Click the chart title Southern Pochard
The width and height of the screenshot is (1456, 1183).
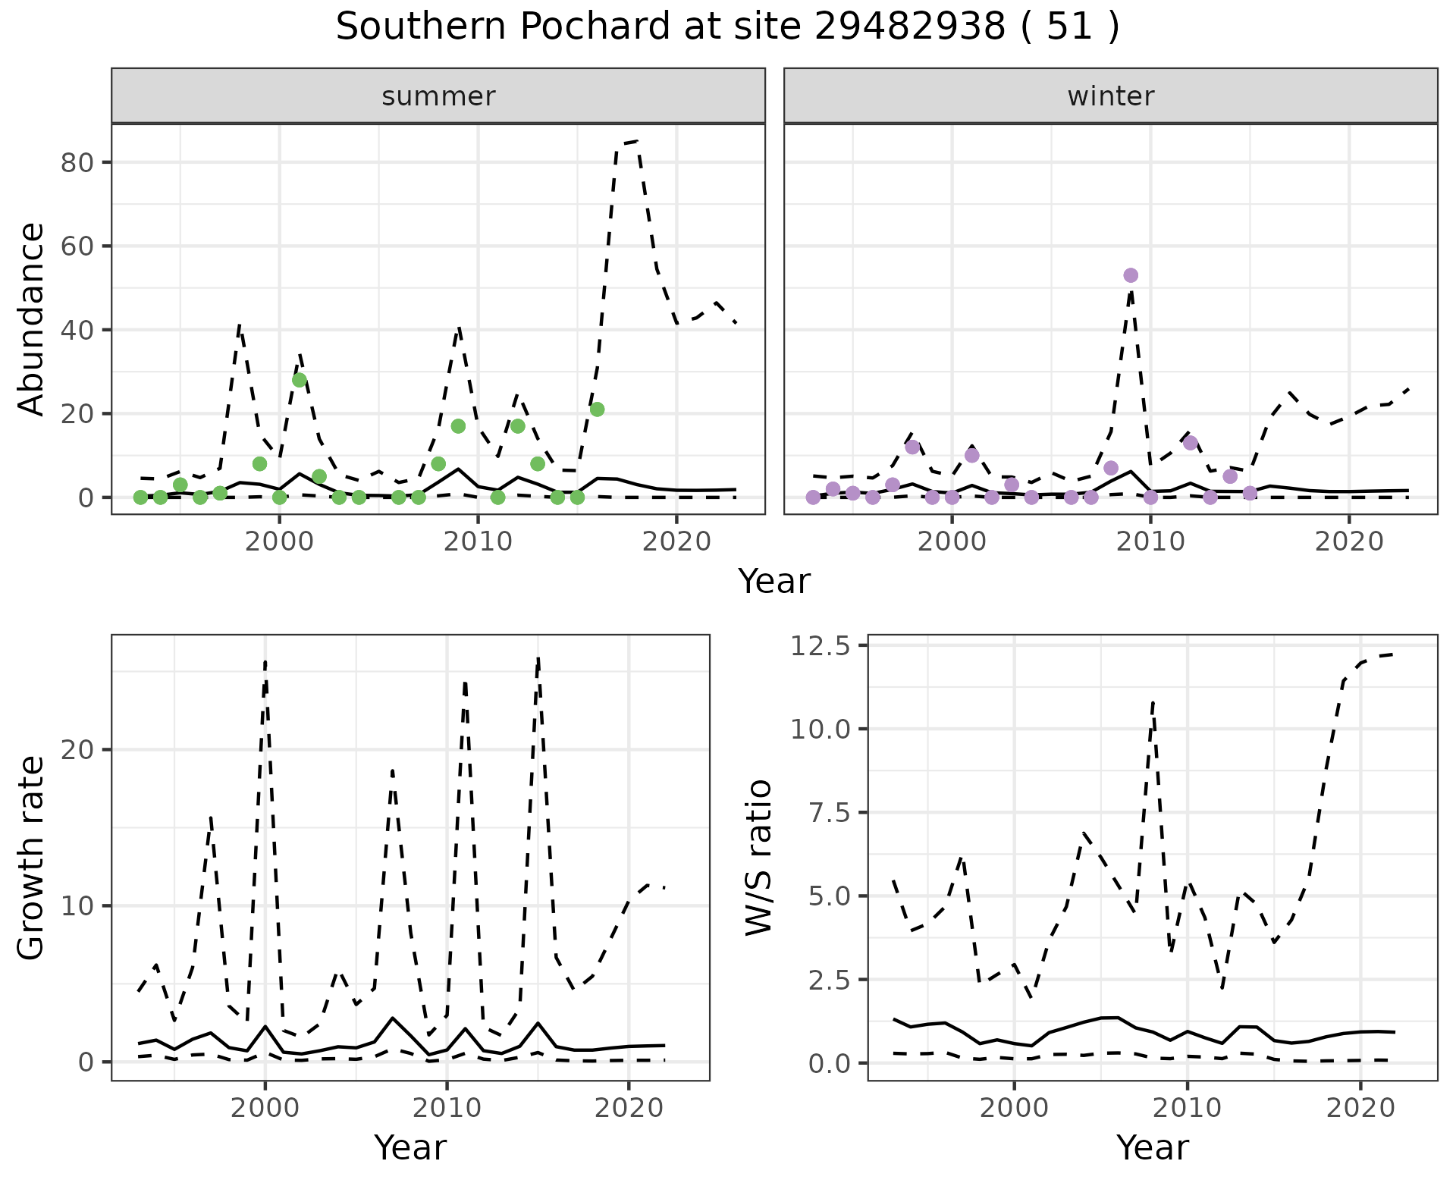(x=727, y=27)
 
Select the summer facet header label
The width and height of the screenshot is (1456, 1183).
(x=438, y=96)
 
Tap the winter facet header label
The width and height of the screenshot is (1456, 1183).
(x=1110, y=96)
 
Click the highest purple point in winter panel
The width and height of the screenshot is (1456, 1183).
(x=1131, y=275)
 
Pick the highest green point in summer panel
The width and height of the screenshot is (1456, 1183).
(x=300, y=380)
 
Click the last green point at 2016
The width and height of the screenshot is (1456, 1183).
(x=597, y=409)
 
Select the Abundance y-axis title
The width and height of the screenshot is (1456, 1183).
(x=32, y=318)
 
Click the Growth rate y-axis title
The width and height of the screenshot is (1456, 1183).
(x=32, y=858)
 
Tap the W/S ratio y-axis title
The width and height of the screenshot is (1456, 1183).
(x=758, y=858)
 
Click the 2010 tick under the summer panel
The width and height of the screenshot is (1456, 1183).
(x=478, y=541)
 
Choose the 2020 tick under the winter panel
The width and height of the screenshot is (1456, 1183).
(x=1348, y=541)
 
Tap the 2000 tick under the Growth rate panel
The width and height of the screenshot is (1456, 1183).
(x=265, y=1108)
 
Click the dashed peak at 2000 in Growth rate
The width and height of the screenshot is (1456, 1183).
(x=265, y=661)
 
